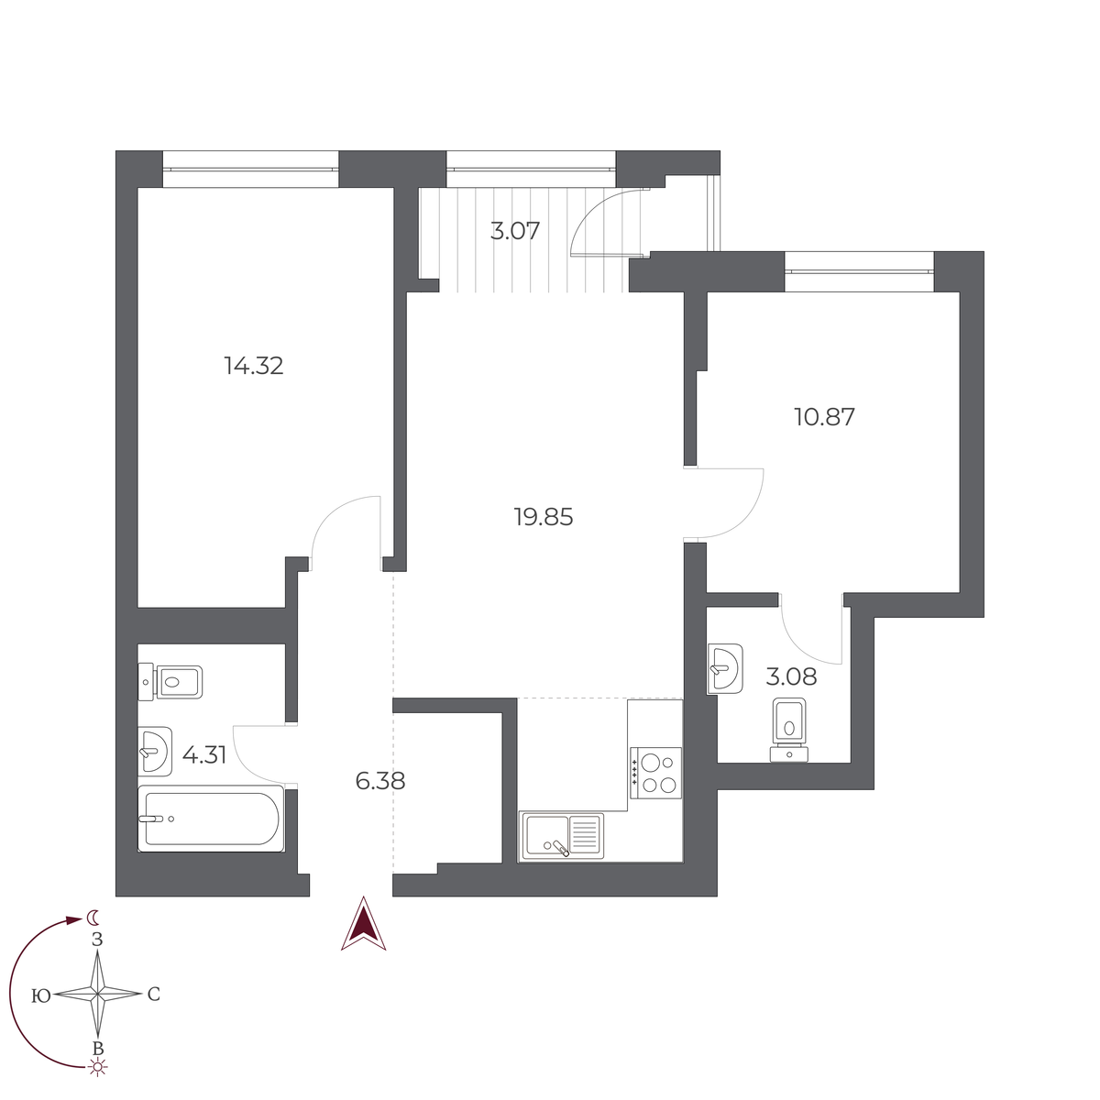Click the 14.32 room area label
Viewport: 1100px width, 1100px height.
pyautogui.click(x=254, y=367)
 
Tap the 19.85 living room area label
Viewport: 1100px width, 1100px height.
pyautogui.click(x=544, y=518)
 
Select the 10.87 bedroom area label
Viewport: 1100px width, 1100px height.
pyautogui.click(x=824, y=418)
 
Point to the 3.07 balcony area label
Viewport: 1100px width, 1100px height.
pyautogui.click(x=515, y=231)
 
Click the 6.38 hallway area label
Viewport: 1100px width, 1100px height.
pyautogui.click(x=379, y=782)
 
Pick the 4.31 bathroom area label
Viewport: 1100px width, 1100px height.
pyautogui.click(x=203, y=755)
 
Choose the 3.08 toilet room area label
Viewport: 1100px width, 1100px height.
pyautogui.click(x=791, y=678)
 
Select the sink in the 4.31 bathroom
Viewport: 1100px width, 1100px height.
pyautogui.click(x=154, y=752)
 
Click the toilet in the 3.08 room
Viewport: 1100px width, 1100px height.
pyautogui.click(x=789, y=728)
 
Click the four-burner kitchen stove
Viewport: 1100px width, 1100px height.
pyautogui.click(x=655, y=773)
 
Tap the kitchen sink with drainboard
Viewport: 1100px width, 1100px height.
pyautogui.click(x=562, y=836)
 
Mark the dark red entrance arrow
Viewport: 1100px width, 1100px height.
pyautogui.click(x=364, y=924)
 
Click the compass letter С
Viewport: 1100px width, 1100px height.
pyautogui.click(x=154, y=995)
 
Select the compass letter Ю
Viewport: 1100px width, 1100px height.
pyautogui.click(x=40, y=995)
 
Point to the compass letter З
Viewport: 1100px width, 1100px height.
pyautogui.click(x=97, y=940)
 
